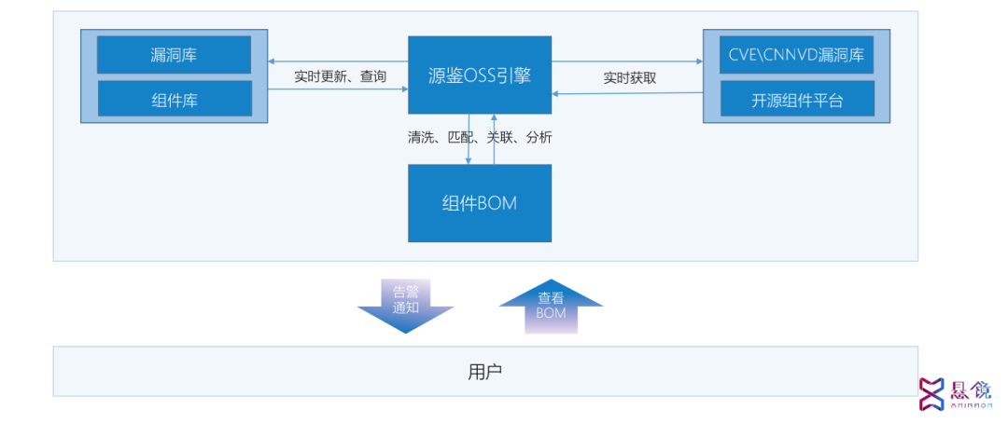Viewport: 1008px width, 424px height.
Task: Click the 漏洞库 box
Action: [174, 55]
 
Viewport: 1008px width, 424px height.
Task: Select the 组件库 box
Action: [174, 99]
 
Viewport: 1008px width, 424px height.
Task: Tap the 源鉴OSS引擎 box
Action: [480, 75]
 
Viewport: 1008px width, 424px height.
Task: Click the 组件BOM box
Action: [480, 203]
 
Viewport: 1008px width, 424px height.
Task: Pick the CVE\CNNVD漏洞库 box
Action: [797, 55]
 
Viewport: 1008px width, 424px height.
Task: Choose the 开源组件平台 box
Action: [797, 99]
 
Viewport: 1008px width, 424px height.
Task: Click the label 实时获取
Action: [629, 77]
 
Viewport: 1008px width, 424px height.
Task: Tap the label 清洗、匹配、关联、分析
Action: [480, 137]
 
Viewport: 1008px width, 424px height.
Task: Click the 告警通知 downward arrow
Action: [406, 306]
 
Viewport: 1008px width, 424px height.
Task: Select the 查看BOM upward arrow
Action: [551, 306]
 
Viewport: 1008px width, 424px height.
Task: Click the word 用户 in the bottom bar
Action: [484, 372]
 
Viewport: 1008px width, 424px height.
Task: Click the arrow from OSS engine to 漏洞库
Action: [338, 62]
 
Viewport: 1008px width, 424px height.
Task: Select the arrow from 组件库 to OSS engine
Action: [338, 89]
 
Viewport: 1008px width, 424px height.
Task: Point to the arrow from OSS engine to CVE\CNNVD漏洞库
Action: [627, 62]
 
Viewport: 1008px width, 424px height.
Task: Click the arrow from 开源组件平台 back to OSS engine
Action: [627, 93]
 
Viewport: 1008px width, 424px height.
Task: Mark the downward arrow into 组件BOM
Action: [469, 139]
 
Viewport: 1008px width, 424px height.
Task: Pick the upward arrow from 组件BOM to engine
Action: [494, 139]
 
